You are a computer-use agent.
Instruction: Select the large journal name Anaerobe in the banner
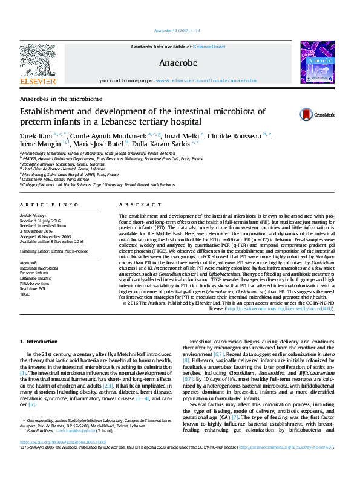pyautogui.click(x=178, y=62)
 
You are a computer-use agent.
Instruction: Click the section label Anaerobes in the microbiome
pyautogui.click(x=61, y=98)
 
